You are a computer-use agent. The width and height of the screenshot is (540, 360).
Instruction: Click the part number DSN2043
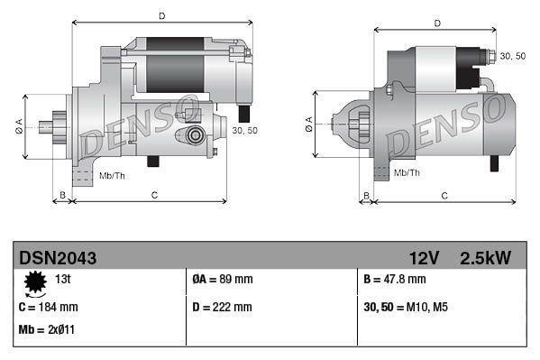coord(58,258)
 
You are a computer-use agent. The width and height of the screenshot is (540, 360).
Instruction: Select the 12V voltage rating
coord(423,258)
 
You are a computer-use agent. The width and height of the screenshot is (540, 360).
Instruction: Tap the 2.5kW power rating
coord(485,258)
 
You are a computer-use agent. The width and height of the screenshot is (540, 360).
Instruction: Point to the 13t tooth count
coord(64,279)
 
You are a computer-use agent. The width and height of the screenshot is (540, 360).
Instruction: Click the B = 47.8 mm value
coord(392,280)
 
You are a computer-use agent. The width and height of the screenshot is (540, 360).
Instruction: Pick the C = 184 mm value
coord(48,307)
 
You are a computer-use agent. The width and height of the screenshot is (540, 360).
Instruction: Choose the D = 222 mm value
coord(223,307)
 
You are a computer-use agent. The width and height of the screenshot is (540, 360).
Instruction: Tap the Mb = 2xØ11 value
coord(46,329)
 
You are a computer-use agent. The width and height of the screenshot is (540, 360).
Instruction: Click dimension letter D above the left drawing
coord(161,16)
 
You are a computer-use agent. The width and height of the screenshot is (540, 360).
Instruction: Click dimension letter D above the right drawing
coord(437,23)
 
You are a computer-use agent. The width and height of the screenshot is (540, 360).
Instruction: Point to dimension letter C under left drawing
coord(154,195)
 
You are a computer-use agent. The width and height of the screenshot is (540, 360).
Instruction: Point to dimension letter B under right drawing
coord(366,195)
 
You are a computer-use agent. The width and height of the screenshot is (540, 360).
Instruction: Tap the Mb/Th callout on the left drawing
coord(112,175)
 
